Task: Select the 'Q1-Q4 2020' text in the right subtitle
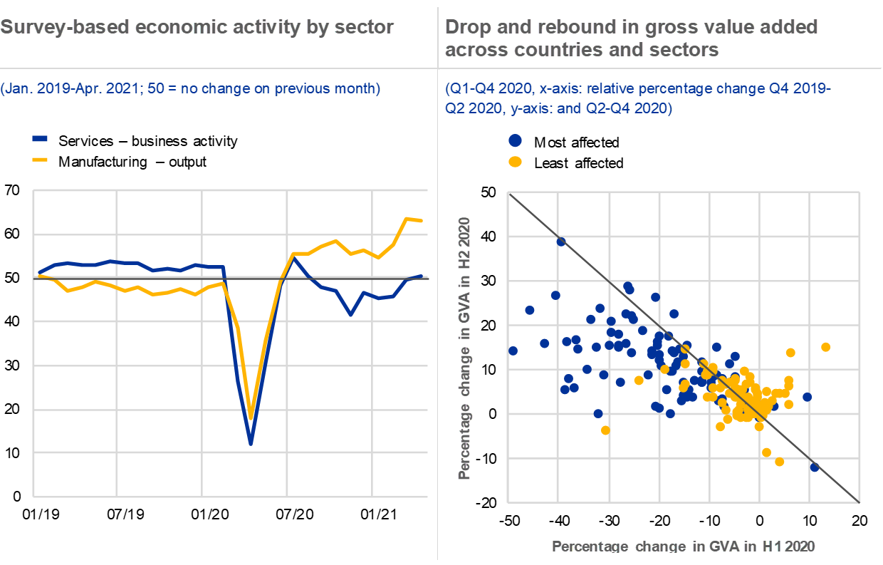point(480,89)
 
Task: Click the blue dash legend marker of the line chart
point(41,139)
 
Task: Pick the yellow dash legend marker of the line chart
point(41,159)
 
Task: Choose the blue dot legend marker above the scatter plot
point(515,141)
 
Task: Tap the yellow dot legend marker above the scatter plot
point(515,162)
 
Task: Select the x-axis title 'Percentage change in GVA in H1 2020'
point(683,546)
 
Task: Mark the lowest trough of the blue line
point(251,443)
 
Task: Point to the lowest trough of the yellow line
point(251,416)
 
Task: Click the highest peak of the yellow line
point(407,219)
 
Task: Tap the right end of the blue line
point(422,276)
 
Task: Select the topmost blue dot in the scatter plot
point(561,242)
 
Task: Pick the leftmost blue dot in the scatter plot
point(513,351)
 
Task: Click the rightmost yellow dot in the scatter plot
point(825,347)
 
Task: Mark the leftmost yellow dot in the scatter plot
point(605,430)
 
